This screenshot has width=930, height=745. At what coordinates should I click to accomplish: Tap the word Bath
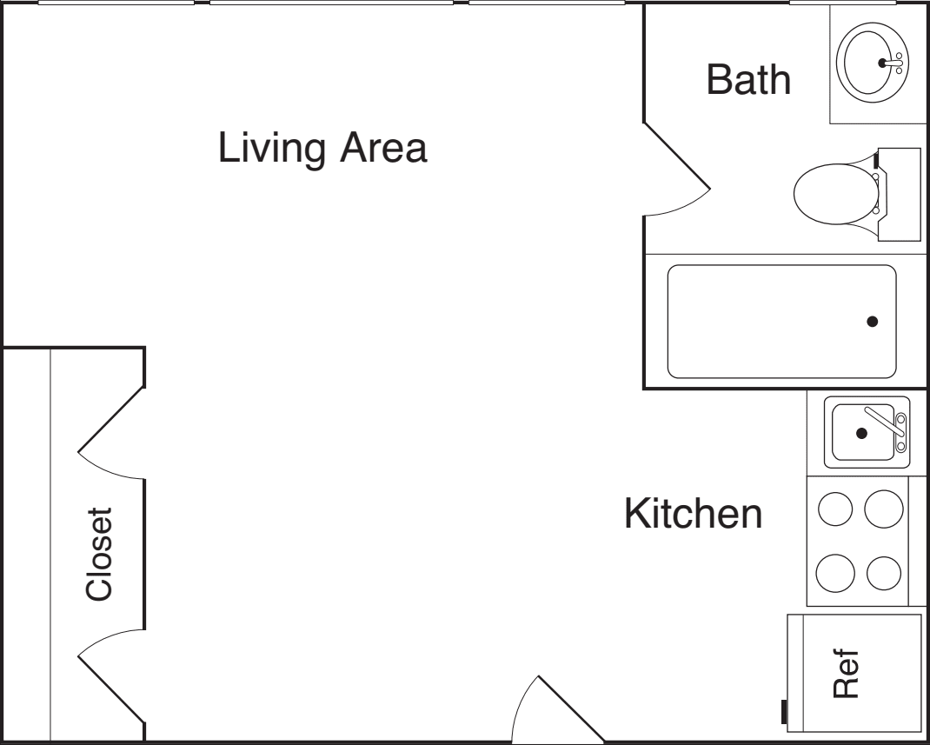pyautogui.click(x=748, y=80)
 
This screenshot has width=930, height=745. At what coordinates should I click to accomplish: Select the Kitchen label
pyautogui.click(x=694, y=514)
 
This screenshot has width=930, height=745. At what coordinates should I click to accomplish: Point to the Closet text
pyautogui.click(x=99, y=555)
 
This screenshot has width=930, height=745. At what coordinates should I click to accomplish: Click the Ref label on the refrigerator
pyautogui.click(x=847, y=675)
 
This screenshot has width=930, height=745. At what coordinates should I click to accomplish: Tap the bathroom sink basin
pyautogui.click(x=870, y=63)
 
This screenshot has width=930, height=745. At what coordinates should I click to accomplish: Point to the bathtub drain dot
pyautogui.click(x=872, y=322)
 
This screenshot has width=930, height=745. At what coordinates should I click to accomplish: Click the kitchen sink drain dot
pyautogui.click(x=861, y=433)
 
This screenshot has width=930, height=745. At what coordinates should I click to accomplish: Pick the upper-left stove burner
pyautogui.click(x=835, y=508)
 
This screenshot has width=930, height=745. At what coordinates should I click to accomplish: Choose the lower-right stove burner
pyautogui.click(x=884, y=572)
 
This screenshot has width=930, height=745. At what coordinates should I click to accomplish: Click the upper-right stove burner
pyautogui.click(x=884, y=508)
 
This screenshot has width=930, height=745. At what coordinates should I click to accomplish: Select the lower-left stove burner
pyautogui.click(x=835, y=572)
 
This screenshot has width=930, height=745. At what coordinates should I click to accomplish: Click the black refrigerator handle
pyautogui.click(x=785, y=712)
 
